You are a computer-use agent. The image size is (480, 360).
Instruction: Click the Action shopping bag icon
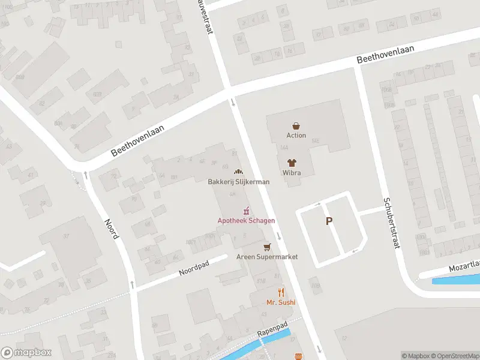click(296, 126)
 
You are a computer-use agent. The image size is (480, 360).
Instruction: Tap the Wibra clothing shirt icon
click(292, 163)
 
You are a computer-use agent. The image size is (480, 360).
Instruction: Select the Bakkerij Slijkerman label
click(239, 182)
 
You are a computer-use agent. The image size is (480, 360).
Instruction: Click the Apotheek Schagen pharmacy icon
click(246, 211)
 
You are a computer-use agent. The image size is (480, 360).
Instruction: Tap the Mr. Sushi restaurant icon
click(281, 293)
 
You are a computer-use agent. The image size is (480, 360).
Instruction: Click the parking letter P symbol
click(329, 221)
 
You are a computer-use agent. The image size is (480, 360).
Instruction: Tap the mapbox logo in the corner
click(26, 353)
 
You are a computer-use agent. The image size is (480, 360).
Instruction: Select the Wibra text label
click(292, 173)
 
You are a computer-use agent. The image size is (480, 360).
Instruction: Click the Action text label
click(296, 136)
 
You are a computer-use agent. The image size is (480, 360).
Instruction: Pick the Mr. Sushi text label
click(281, 302)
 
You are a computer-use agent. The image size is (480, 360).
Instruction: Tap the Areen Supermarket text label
click(268, 257)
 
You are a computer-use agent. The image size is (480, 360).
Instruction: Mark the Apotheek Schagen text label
click(246, 221)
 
